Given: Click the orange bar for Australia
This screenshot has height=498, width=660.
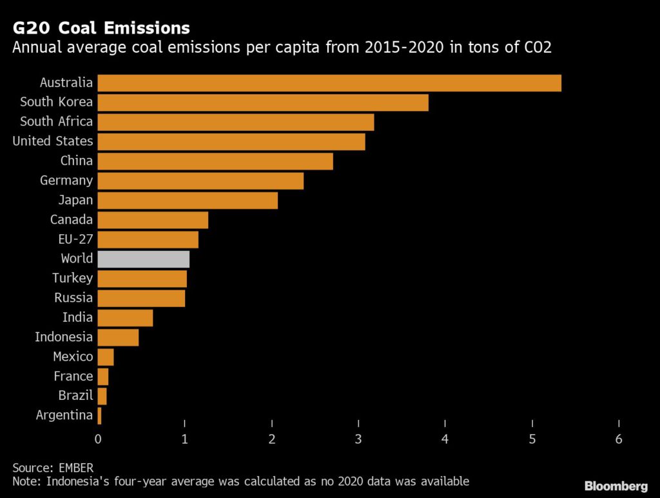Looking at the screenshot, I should (x=329, y=83).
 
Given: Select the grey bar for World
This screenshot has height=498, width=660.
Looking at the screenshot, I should (x=143, y=259).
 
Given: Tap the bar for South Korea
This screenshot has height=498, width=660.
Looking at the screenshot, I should (x=262, y=102).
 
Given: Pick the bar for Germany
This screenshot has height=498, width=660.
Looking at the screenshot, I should (x=200, y=181).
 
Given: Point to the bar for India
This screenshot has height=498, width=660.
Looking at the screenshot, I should (x=125, y=317).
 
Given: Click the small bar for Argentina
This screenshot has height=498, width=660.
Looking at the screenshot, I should (x=99, y=415).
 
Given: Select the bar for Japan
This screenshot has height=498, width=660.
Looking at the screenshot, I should (x=187, y=200).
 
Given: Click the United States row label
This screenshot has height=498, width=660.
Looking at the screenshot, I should (x=53, y=141).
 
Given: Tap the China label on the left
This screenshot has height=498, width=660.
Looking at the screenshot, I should (x=77, y=161).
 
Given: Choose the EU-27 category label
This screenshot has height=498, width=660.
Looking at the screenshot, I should (x=76, y=239).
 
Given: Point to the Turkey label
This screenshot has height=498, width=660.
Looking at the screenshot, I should (x=73, y=278).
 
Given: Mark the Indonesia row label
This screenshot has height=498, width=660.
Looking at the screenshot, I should (x=64, y=337).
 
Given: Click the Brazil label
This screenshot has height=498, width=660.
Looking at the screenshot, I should (x=76, y=395).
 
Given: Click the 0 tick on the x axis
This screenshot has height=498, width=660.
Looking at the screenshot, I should (x=98, y=439).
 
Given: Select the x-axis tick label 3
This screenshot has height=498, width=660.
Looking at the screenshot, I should (x=358, y=439).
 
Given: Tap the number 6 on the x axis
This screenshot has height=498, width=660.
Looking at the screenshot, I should (x=619, y=439).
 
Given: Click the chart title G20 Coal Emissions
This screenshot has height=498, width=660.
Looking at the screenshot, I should (x=101, y=28).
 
